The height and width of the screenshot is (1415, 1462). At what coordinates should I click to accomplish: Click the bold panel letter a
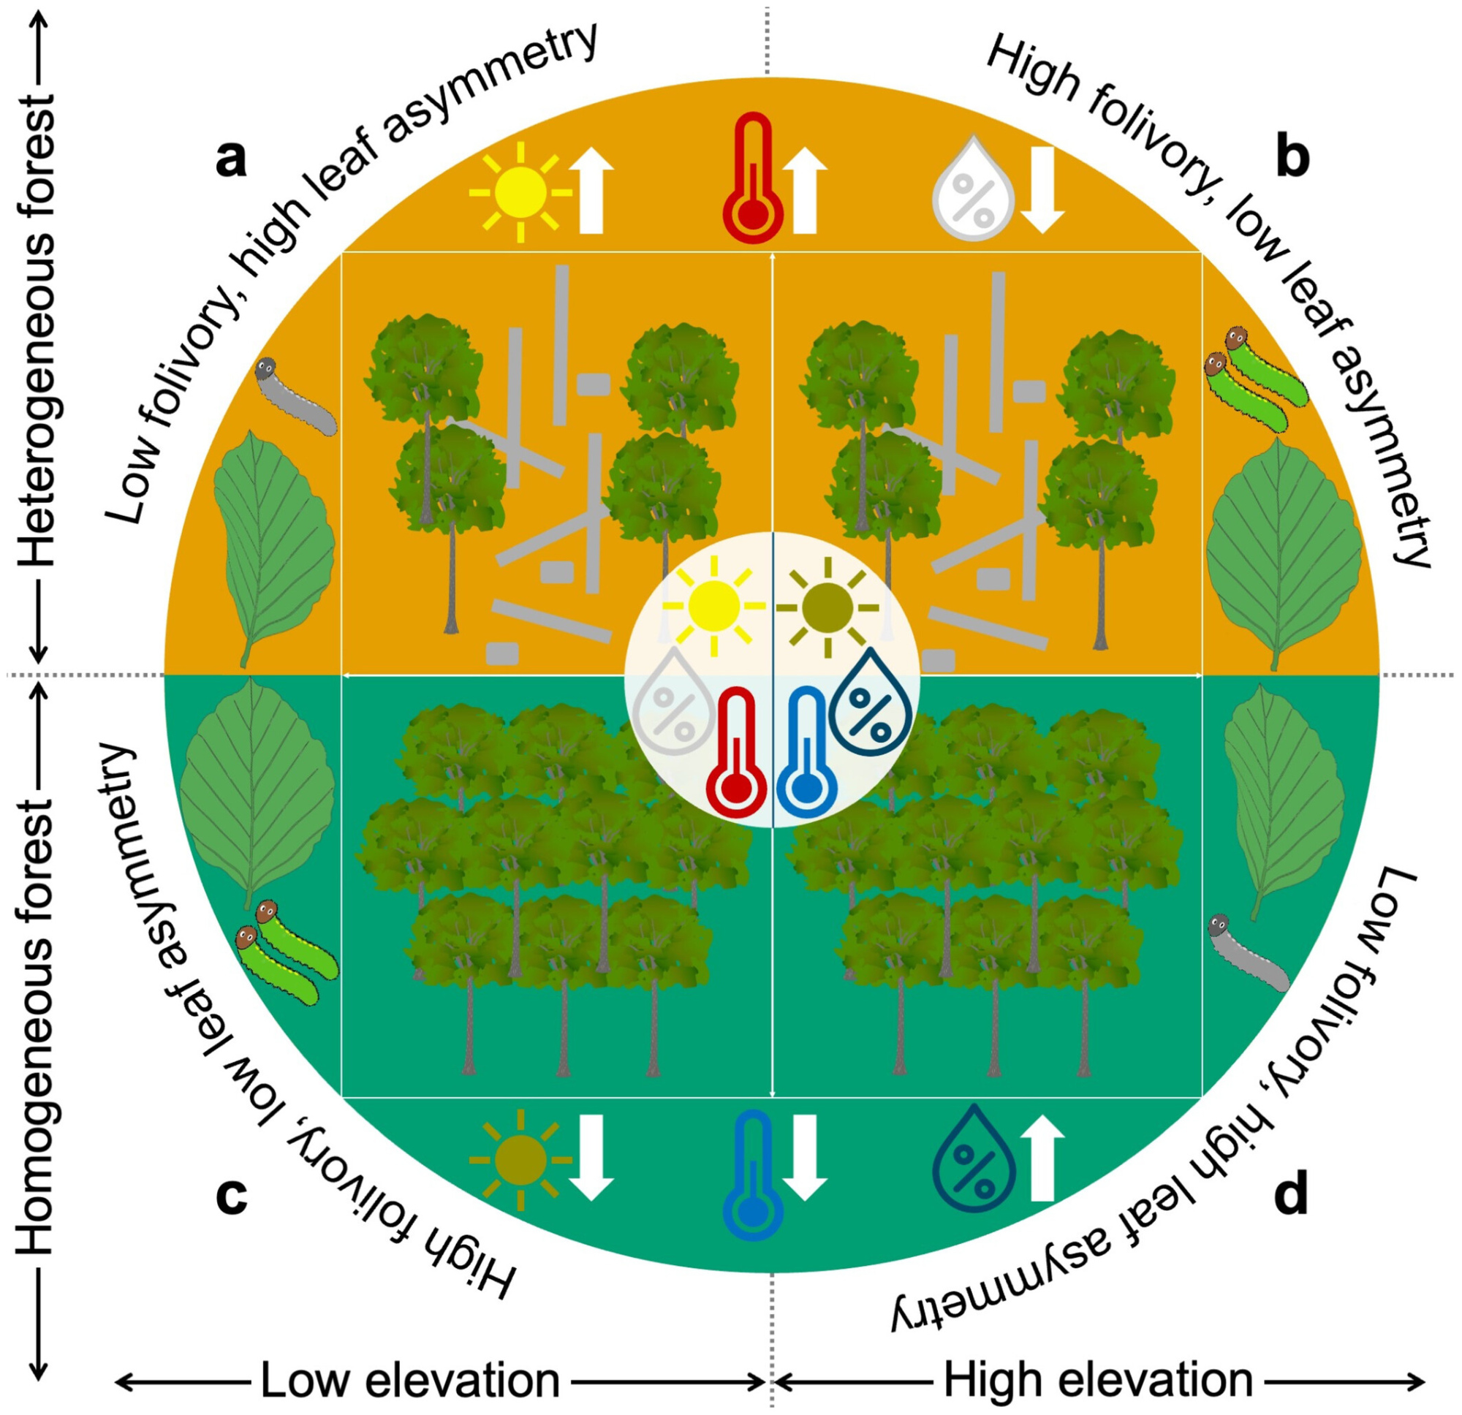coord(230,160)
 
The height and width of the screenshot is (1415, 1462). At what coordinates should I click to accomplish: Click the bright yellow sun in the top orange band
coord(520,191)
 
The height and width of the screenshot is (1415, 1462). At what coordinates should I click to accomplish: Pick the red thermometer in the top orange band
coord(754,179)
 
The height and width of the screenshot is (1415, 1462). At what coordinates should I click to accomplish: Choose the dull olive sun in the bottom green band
coord(520,1160)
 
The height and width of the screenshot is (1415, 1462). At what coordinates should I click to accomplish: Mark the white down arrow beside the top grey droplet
coord(1042,189)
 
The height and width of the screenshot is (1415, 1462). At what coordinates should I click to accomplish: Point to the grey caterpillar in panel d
coord(1247,952)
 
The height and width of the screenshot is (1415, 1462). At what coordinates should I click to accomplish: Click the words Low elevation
coord(409,1381)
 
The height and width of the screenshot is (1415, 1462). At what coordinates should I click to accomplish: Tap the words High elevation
coord(1098,1381)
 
